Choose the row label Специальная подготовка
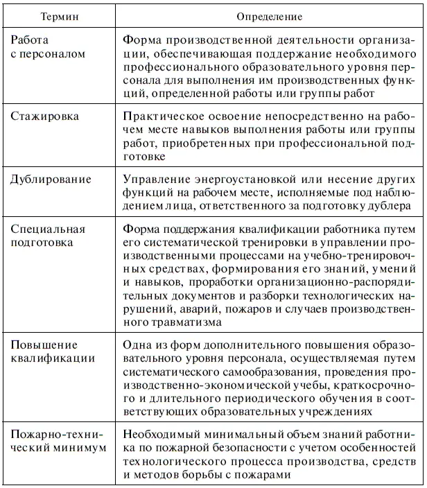[x=49, y=236]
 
